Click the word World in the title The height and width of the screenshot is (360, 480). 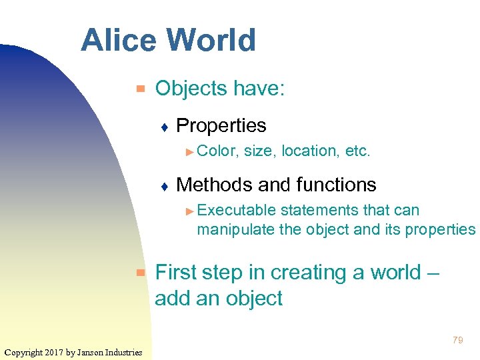pos(212,40)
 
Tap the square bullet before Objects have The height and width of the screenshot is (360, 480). pos(140,88)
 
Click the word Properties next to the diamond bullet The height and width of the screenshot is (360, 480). pos(221,125)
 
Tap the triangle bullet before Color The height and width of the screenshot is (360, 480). pos(190,152)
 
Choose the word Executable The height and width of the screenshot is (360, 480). pos(237,211)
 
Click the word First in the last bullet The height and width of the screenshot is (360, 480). pos(176,273)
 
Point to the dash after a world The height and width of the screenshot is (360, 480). pos(434,273)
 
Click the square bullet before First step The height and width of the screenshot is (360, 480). pos(140,273)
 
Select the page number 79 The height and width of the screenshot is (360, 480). pos(457,340)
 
